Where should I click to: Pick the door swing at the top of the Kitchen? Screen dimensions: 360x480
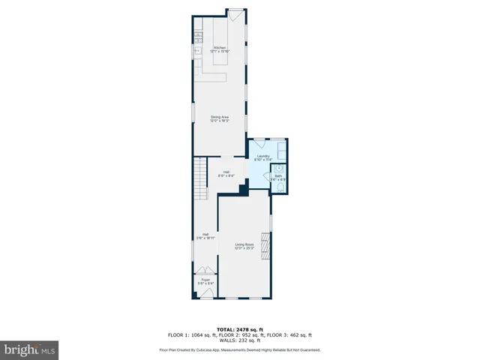point(235,14)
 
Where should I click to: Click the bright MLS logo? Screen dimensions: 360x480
point(30,349)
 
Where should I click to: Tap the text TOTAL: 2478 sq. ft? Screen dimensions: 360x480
point(239,329)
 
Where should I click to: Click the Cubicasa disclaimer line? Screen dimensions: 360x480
point(239,349)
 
